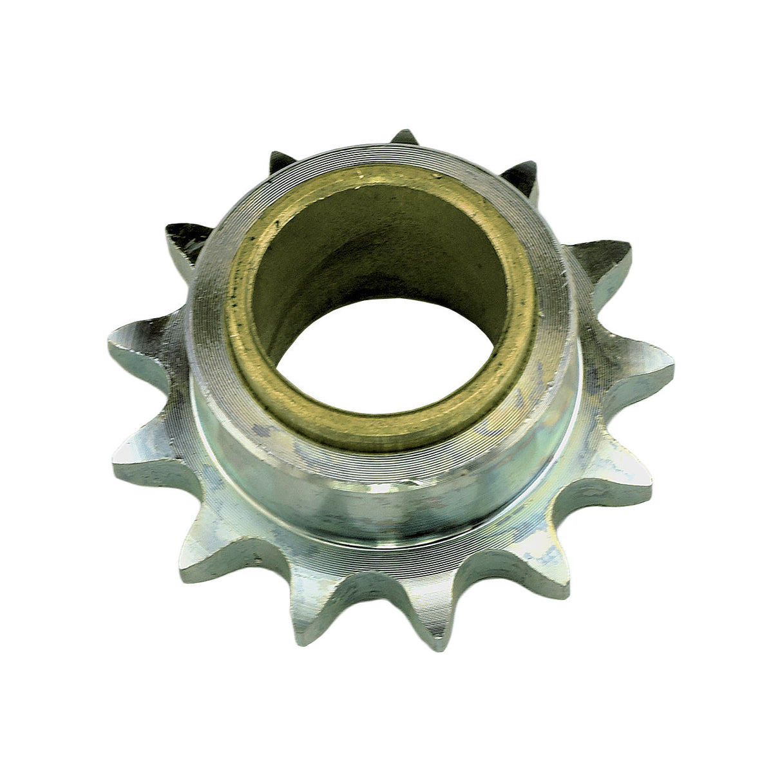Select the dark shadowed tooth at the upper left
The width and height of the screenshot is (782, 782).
184,238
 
